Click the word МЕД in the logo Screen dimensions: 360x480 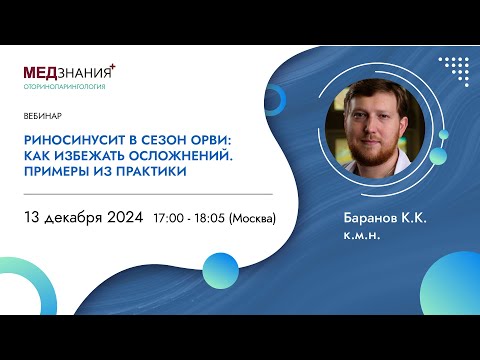pyautogui.click(x=41, y=73)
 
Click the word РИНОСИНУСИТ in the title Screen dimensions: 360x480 pyautogui.click(x=67, y=140)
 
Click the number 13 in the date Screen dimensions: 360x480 pyautogui.click(x=32, y=217)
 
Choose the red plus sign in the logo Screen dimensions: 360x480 pyautogui.click(x=113, y=66)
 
